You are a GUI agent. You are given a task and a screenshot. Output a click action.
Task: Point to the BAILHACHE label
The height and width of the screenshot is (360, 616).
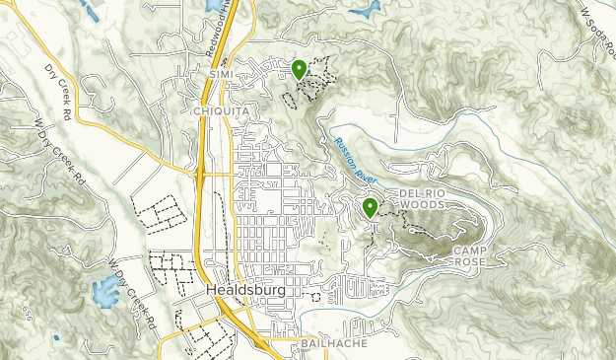pyautogui.click(x=323, y=347)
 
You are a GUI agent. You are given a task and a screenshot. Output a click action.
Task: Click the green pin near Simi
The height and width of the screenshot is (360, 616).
pyautogui.click(x=299, y=68)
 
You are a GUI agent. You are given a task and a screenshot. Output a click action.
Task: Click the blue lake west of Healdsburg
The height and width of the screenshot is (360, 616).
pyautogui.click(x=103, y=291)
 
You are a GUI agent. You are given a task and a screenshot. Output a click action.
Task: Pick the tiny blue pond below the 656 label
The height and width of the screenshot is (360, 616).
pyautogui.click(x=56, y=338)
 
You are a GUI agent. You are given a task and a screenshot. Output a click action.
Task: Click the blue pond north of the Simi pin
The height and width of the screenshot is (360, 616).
pyautogui.click(x=365, y=8)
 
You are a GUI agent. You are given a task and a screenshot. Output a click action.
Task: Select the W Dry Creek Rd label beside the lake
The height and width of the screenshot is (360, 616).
pyautogui.click(x=135, y=296)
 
